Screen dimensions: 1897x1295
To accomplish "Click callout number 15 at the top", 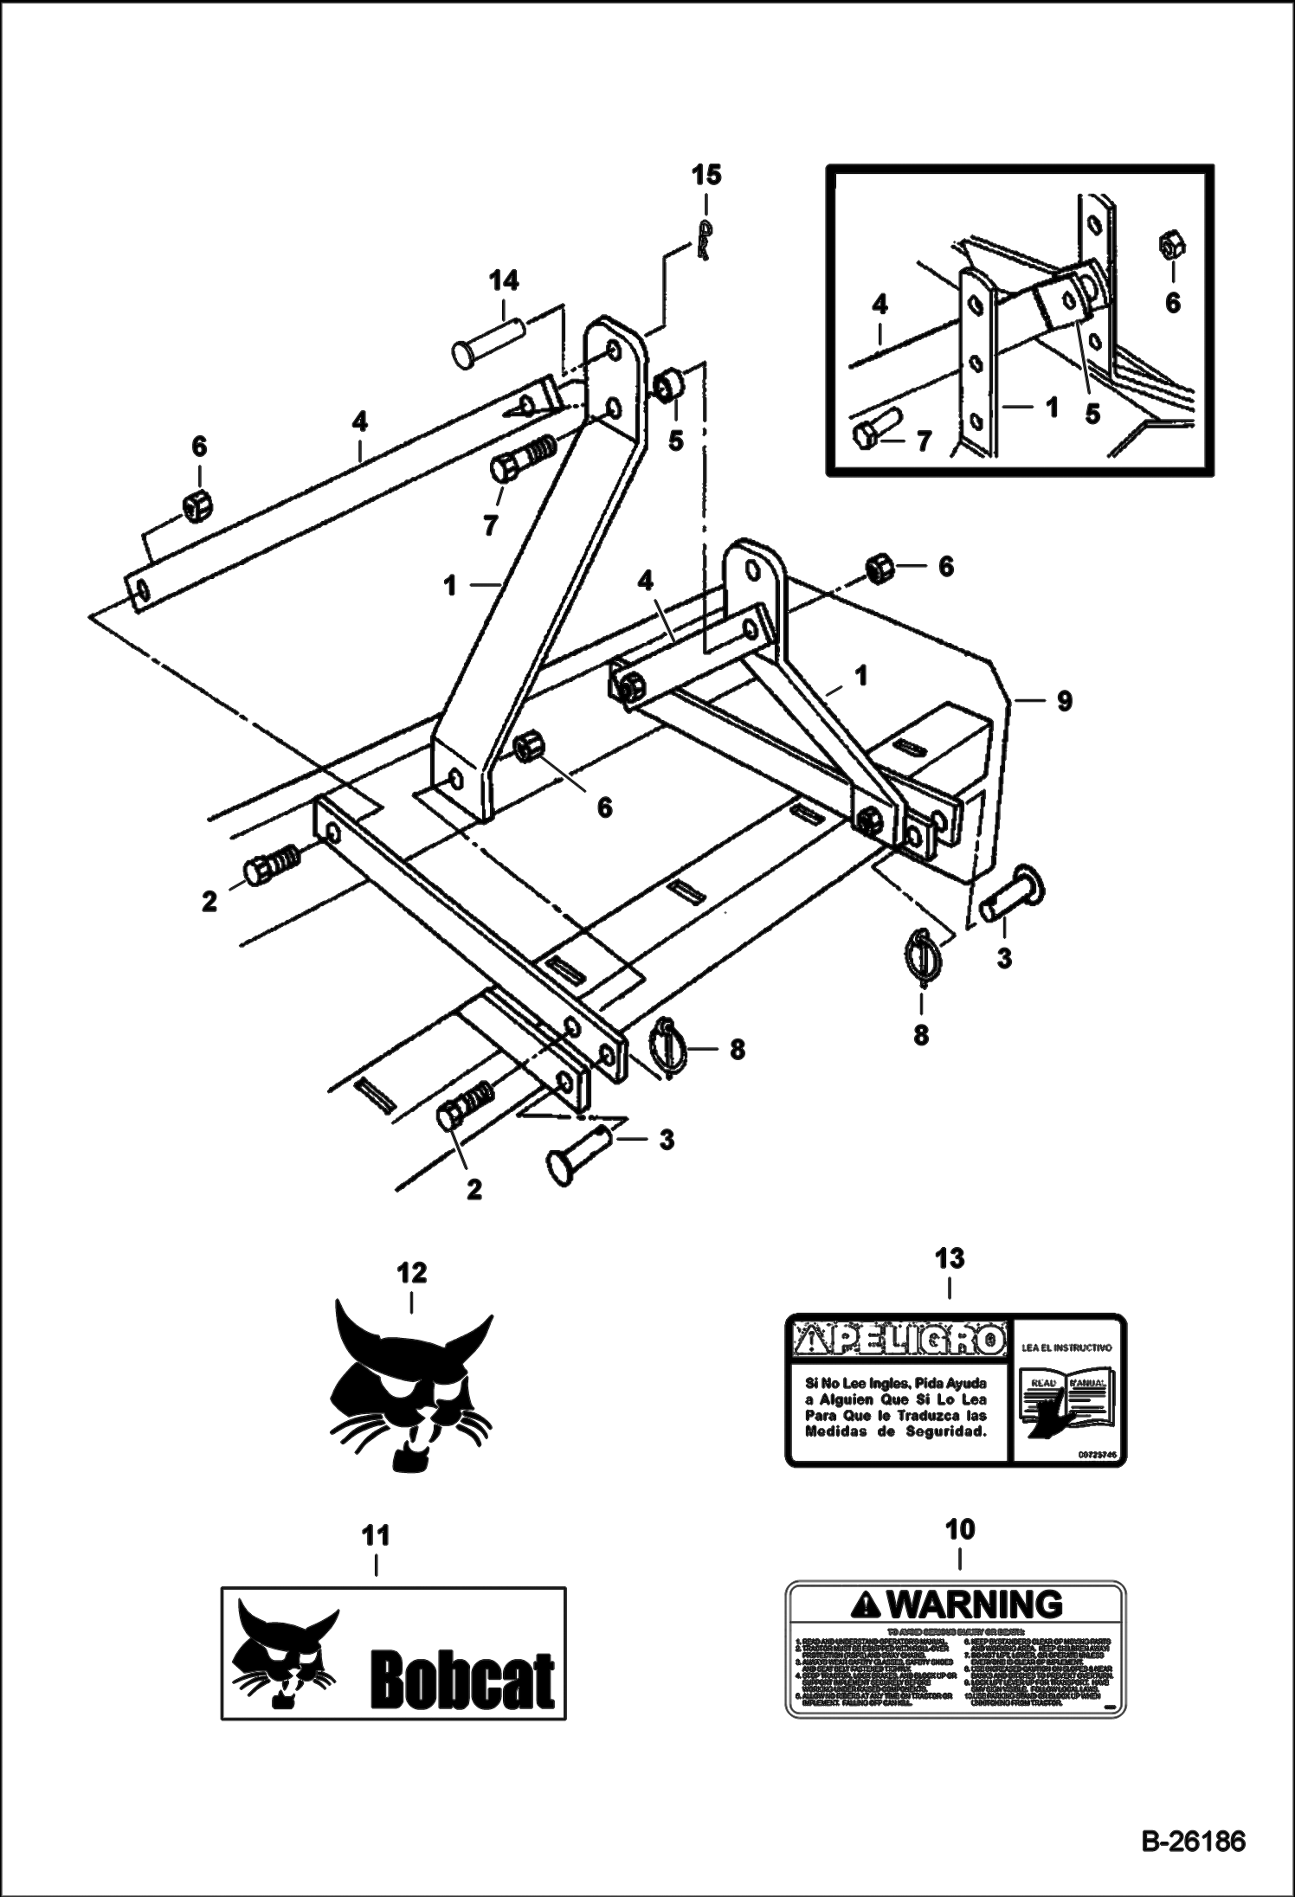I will (705, 176).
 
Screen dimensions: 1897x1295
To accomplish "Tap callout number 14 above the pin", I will (504, 280).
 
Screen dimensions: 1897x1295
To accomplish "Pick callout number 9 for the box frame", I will (1064, 699).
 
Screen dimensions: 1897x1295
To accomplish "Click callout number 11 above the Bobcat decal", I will (375, 1535).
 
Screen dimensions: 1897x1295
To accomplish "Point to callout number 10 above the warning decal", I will (961, 1529).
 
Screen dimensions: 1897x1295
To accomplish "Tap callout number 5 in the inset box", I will (1092, 415).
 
